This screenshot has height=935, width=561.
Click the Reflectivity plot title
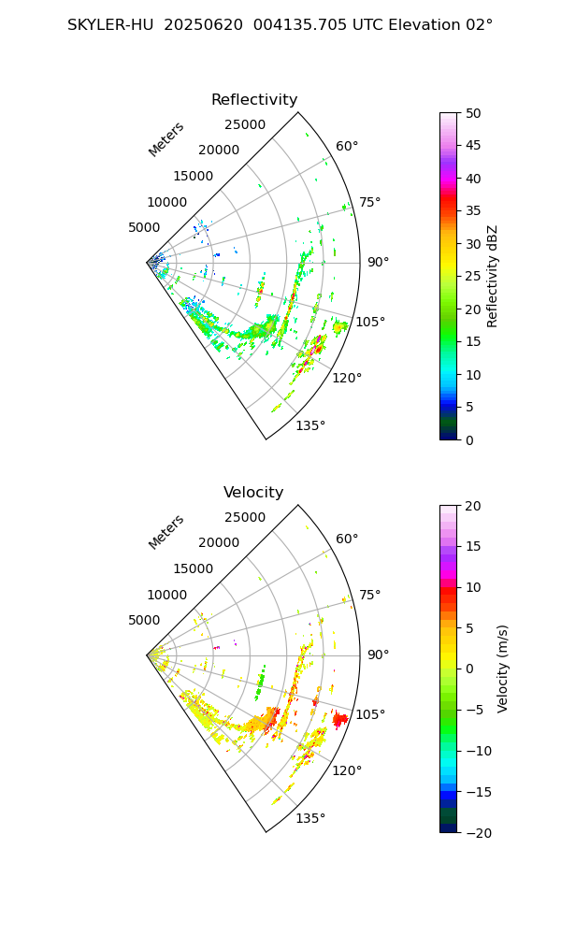[x=254, y=100]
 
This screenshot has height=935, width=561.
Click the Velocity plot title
[x=253, y=493]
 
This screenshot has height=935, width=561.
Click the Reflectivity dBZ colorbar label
[x=493, y=276]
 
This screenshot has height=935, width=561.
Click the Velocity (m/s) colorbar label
[x=502, y=669]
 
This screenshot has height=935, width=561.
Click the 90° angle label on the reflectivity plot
[x=378, y=262]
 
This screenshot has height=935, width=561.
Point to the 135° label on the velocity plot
[x=310, y=818]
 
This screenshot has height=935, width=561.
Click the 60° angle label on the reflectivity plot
[x=347, y=146]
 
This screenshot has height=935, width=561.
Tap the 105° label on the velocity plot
[x=370, y=714]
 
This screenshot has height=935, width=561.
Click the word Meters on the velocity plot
[x=166, y=532]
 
